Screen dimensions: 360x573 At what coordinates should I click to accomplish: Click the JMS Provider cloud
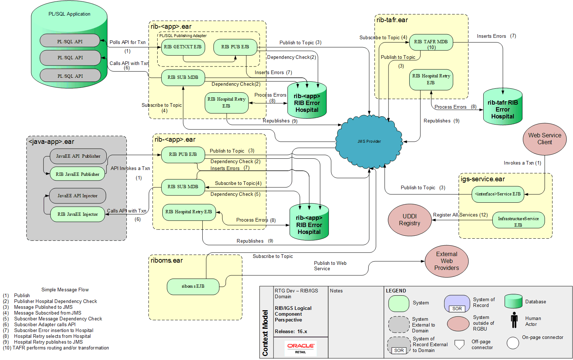point(369,141)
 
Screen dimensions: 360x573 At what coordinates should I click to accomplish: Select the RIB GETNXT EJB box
point(183,47)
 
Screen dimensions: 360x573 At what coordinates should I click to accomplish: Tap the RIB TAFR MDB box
point(431,43)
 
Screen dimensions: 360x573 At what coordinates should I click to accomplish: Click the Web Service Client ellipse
point(544,139)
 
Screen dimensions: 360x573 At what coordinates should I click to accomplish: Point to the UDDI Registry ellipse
point(410,220)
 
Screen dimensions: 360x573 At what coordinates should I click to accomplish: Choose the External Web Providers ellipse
point(447,261)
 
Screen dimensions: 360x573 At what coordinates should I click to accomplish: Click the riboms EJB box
point(193,287)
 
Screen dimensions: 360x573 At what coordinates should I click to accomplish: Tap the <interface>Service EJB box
point(497,194)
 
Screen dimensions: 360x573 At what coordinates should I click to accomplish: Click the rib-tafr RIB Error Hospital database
point(503,107)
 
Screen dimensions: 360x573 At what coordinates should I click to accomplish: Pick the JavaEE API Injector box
point(77,196)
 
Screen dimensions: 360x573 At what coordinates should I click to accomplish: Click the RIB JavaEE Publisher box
point(77,174)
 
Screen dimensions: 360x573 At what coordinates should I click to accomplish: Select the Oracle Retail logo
point(300,348)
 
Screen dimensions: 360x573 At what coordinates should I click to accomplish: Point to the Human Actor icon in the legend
point(514,320)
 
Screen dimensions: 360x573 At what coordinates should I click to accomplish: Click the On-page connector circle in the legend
point(513,343)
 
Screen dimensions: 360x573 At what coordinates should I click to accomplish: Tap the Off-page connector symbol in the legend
point(459,344)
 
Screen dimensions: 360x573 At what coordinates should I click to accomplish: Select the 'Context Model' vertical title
point(265,333)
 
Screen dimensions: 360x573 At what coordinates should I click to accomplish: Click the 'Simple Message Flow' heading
point(65,290)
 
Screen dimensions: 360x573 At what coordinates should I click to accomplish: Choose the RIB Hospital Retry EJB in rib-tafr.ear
point(431,80)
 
